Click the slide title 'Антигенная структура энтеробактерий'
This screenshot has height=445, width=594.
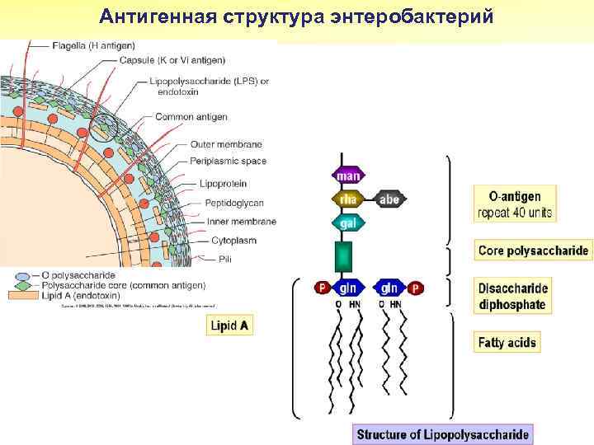(x=296, y=16)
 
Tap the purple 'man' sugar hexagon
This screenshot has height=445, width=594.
(x=350, y=176)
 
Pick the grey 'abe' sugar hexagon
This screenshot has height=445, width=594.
(x=389, y=199)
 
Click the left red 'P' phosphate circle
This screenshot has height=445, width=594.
(x=322, y=288)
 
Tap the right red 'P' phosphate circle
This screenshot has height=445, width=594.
(x=416, y=288)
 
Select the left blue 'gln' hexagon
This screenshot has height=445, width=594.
(x=347, y=288)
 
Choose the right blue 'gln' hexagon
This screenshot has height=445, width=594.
(x=389, y=288)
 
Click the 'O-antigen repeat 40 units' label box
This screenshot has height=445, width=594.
(x=515, y=204)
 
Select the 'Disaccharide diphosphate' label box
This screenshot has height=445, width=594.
(x=512, y=296)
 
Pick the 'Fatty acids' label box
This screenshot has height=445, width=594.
(x=507, y=342)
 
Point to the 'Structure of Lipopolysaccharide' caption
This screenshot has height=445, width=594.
(x=442, y=433)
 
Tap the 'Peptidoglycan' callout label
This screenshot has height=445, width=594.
(x=234, y=202)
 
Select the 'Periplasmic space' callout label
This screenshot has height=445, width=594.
(x=229, y=161)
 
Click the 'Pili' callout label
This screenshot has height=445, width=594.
(x=225, y=259)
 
